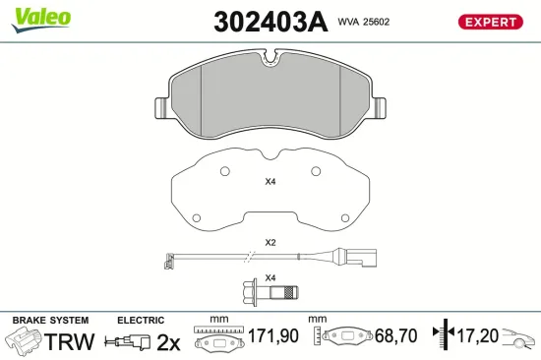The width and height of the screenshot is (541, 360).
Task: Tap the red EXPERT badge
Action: coord(488,22)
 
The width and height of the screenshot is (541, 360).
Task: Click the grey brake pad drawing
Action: coord(270,98)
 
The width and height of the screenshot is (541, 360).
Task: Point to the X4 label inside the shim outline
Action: coord(270,181)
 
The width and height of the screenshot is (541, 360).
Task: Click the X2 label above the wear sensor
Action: coord(270,243)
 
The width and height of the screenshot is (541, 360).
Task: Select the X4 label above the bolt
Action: coord(270,276)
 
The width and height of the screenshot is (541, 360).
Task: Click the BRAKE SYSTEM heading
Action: coord(50,321)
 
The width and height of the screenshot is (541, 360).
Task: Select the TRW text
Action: coord(70,341)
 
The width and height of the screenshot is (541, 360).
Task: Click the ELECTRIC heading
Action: coord(141,321)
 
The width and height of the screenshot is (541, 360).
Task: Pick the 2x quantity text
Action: coord(170,342)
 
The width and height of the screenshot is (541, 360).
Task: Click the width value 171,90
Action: coord(271,336)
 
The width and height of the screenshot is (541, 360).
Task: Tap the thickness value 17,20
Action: coord(477,336)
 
